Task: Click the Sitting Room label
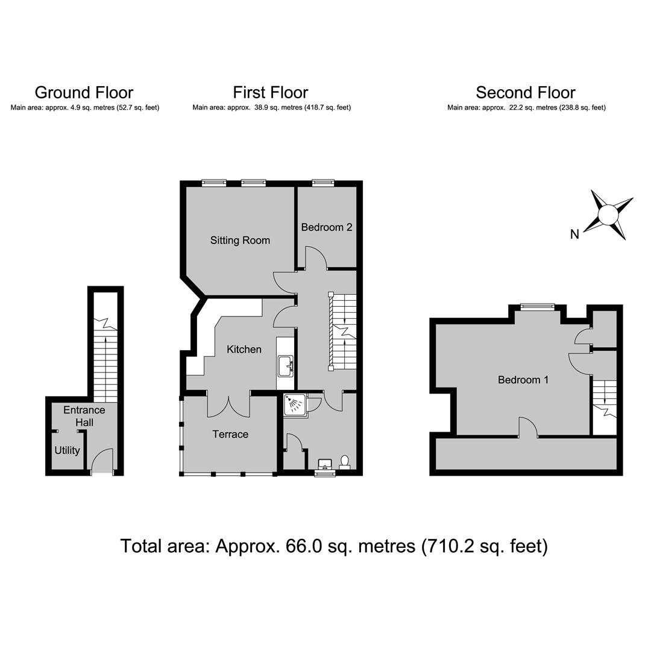240,240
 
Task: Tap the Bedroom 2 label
327,227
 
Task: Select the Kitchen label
244,349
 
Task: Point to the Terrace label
230,434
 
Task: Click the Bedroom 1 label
523,380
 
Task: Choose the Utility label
68,450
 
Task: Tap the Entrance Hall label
84,416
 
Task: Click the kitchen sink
286,365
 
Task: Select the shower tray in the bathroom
295,404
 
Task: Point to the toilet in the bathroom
345,462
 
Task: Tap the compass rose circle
608,215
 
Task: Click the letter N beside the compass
574,234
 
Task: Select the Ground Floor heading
84,92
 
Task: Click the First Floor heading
271,92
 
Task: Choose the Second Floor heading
526,92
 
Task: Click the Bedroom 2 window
323,182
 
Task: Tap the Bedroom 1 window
538,306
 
